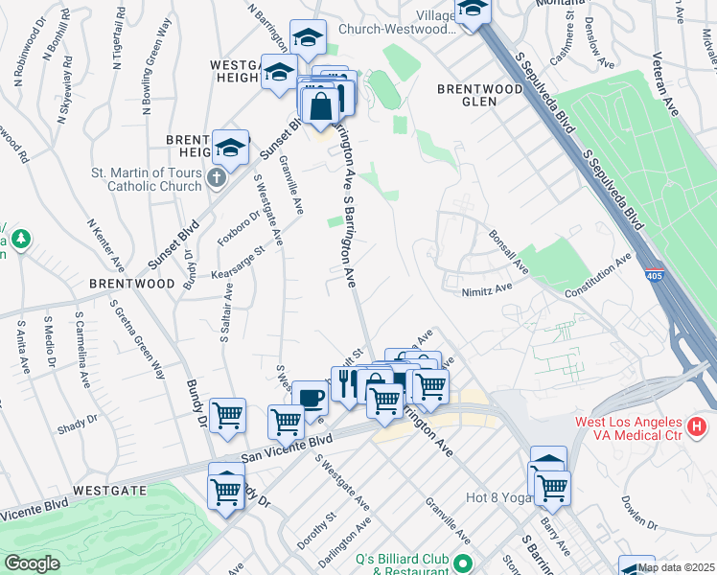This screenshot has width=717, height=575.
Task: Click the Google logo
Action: click(x=31, y=563)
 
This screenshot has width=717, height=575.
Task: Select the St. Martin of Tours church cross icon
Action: click(x=217, y=177)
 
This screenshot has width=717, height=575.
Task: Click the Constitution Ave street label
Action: click(x=598, y=275)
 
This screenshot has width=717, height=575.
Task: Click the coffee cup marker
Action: click(x=309, y=398)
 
